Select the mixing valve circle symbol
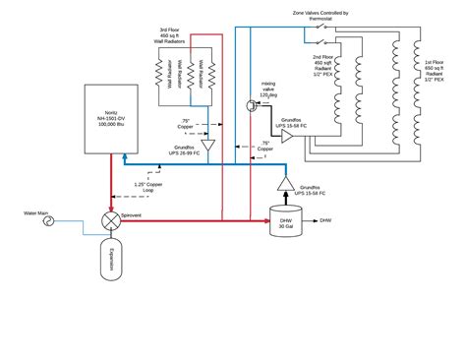(253, 111)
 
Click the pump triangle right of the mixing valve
(287, 137)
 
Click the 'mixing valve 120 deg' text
(267, 91)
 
